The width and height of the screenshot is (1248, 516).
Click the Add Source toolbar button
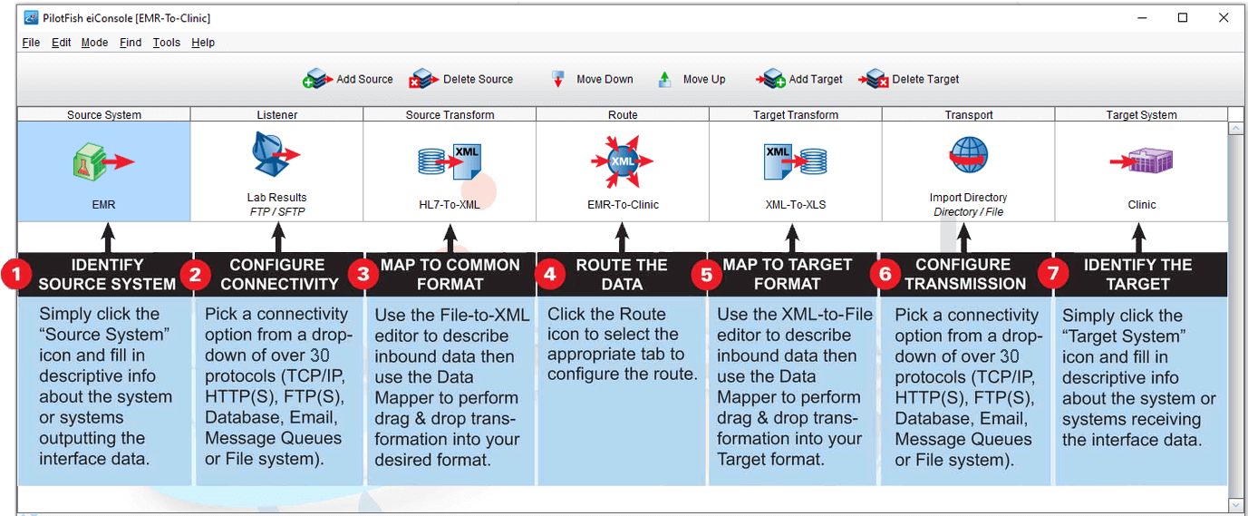(348, 80)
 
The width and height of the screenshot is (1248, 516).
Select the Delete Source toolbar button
(461, 80)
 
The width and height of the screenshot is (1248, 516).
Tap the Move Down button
(593, 80)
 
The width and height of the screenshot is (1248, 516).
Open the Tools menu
(166, 43)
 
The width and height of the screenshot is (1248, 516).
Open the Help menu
(203, 43)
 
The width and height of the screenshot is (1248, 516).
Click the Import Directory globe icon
(968, 156)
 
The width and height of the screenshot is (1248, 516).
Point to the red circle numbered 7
(1053, 275)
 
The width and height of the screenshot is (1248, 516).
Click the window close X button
(1224, 17)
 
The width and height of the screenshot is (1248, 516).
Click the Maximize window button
(1183, 17)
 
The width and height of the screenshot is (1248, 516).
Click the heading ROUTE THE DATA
(622, 274)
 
